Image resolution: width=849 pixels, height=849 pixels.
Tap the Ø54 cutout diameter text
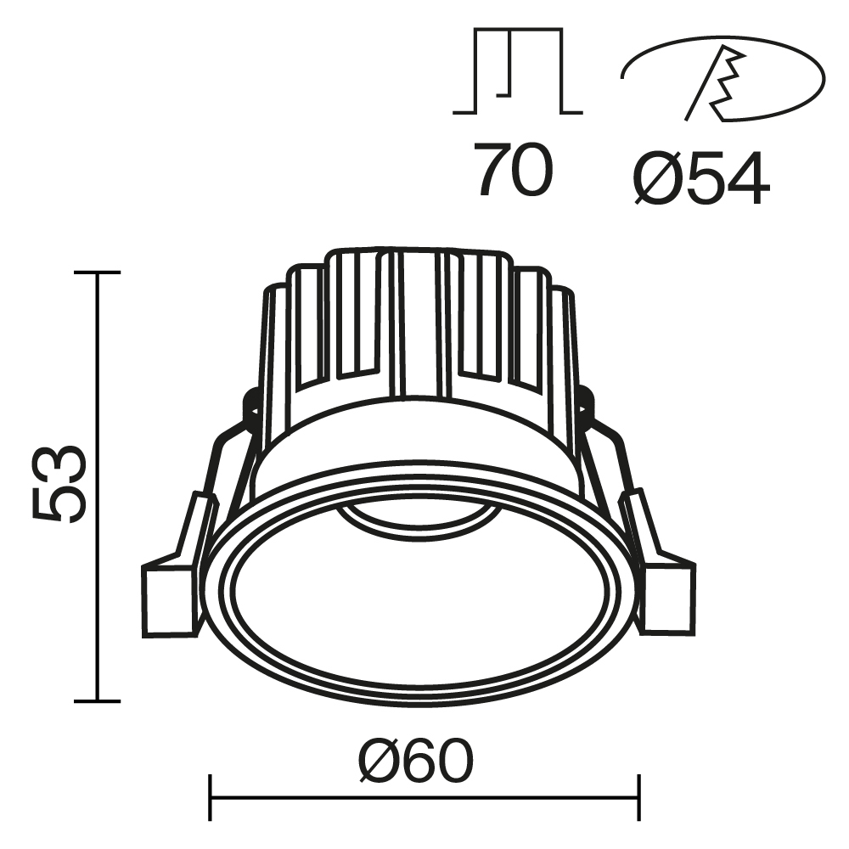[700, 179]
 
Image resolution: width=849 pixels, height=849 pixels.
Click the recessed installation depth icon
[517, 72]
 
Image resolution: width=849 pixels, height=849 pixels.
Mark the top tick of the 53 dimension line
[97, 273]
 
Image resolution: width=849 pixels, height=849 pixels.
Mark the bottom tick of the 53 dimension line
[97, 700]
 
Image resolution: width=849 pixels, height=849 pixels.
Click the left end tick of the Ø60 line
[210, 797]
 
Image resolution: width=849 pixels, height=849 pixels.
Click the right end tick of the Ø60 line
[638, 797]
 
